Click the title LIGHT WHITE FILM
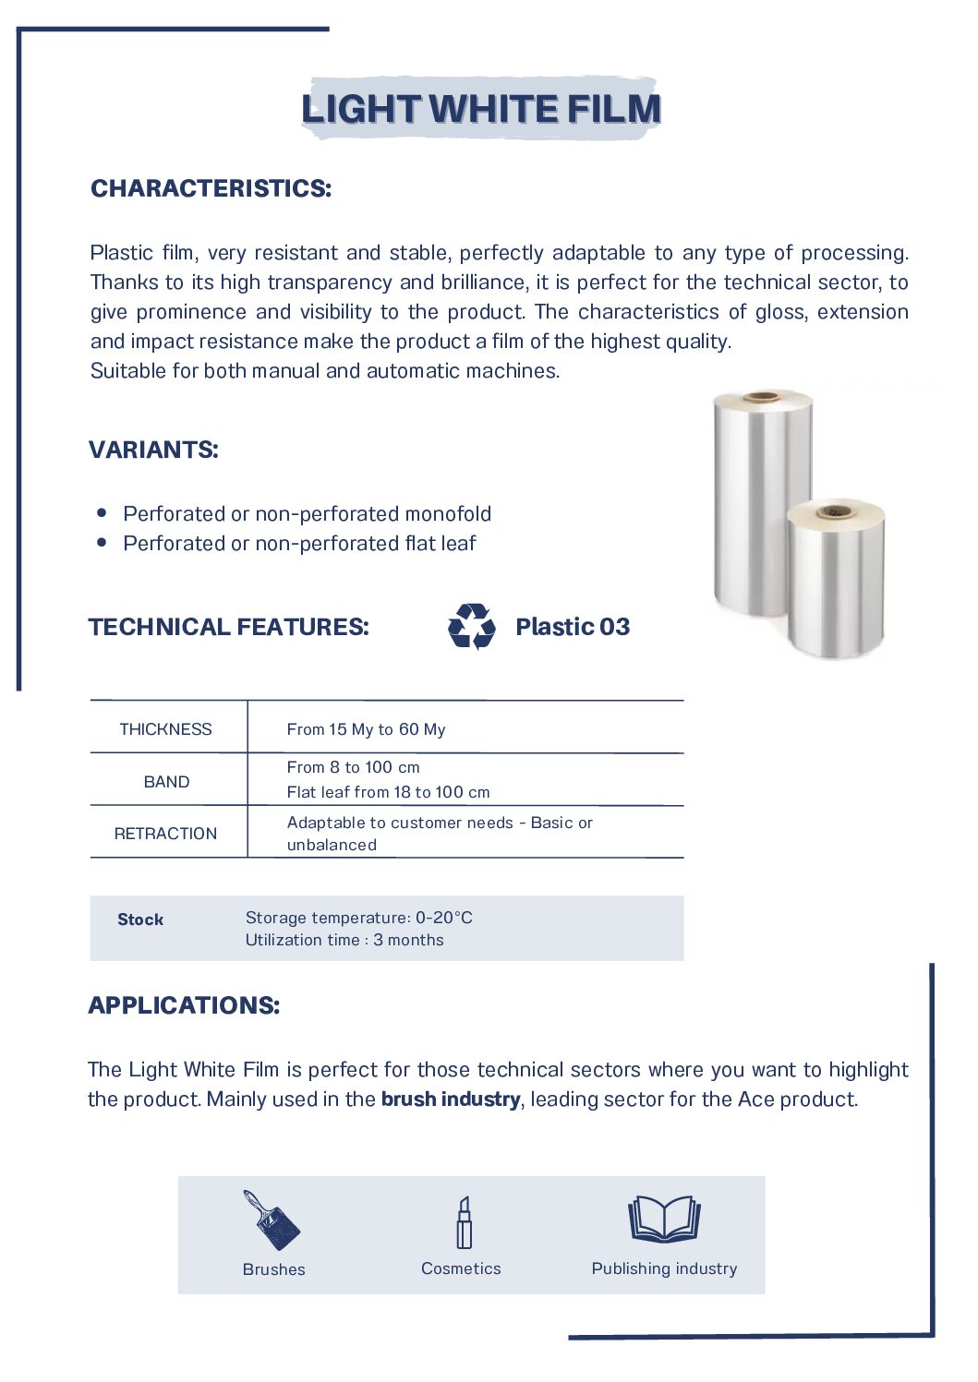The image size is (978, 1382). coord(481,109)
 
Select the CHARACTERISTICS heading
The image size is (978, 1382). coord(211,188)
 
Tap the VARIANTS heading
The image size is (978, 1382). coord(153,450)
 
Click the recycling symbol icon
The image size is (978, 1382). coord(471,627)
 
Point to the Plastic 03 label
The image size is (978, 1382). coord(573,627)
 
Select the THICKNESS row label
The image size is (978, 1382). coord(166,729)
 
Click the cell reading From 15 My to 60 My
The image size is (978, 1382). coord(366,729)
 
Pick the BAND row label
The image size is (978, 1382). coord(166,782)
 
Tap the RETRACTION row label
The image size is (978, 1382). coord(166,834)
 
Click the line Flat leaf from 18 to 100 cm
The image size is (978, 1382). coord(388,792)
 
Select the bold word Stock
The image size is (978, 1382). coord(140,919)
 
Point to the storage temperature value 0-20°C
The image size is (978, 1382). coord(444,918)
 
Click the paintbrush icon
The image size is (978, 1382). coord(272,1220)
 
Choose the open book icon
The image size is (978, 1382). coord(664,1219)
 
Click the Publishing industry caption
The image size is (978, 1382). coord(664,1268)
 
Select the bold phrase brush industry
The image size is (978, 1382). coord(451,1100)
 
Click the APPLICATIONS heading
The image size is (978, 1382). coord(184,1005)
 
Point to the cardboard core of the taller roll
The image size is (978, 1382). coord(763,397)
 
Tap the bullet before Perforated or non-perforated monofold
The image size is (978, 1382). coord(102,513)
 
